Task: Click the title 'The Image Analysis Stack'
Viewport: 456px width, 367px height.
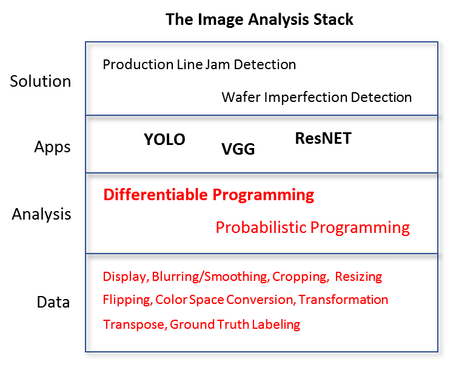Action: point(260,20)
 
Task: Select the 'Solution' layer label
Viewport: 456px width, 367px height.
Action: point(41,81)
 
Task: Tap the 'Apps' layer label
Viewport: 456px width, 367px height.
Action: point(52,147)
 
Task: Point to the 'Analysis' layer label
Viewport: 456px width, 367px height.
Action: point(41,215)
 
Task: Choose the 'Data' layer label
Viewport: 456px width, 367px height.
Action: point(53,302)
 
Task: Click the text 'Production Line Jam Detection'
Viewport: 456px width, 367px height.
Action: point(199,64)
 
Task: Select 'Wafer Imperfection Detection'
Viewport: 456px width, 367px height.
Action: point(317,97)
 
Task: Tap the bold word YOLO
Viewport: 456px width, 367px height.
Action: point(164,140)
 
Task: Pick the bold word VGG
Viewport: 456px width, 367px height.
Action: point(238,149)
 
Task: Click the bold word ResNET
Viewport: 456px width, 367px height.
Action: point(323,138)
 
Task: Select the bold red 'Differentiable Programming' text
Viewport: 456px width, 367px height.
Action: point(209,195)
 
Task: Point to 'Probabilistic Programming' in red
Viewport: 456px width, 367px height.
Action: point(313,228)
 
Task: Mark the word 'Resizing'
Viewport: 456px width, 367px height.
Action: point(358,277)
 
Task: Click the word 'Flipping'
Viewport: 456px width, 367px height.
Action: point(128,300)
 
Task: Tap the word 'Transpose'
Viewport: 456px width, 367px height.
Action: point(135,325)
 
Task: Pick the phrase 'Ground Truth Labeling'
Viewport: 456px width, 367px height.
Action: point(235,325)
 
